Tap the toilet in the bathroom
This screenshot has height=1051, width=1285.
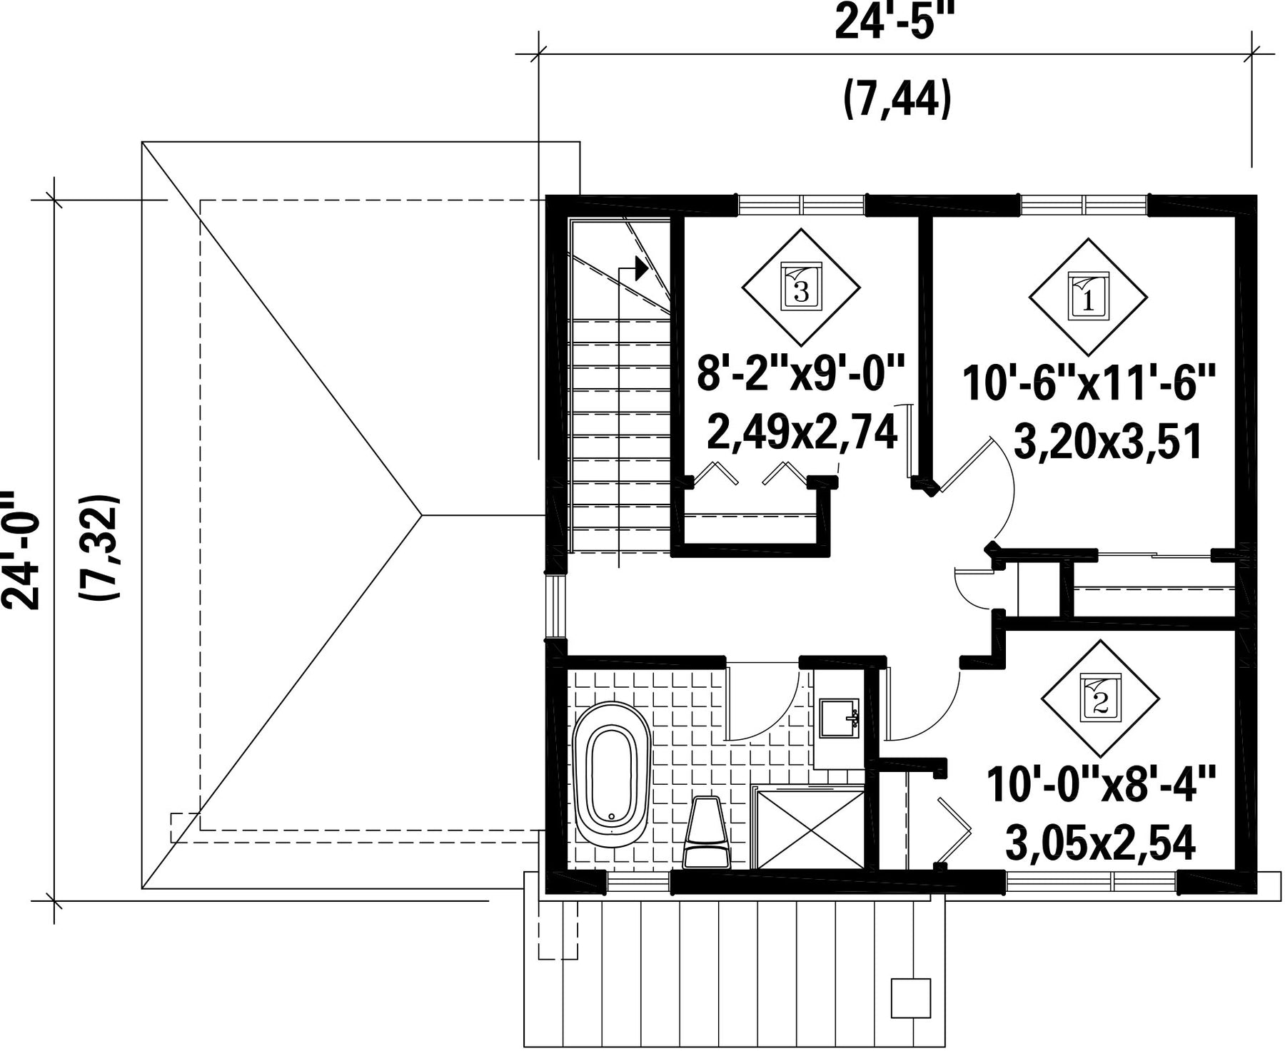click(707, 832)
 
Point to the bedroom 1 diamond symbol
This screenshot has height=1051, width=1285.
click(1088, 296)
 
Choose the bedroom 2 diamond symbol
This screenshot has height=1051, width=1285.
click(1100, 699)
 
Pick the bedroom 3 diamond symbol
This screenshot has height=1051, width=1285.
click(801, 288)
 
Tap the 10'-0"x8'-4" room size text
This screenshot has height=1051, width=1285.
click(1100, 786)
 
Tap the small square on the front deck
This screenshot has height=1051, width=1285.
click(911, 998)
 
